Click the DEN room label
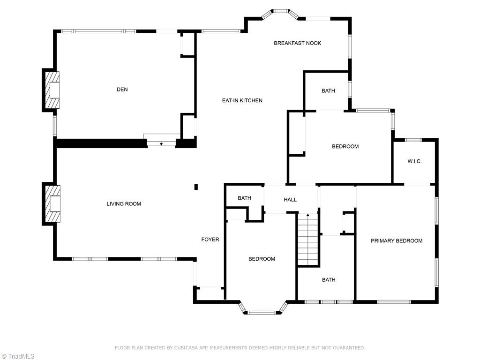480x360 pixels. point(122,90)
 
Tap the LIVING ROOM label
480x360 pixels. point(124,204)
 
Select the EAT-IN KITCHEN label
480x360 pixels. point(242,100)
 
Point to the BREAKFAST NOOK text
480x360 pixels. point(298,43)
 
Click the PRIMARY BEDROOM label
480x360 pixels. point(397,241)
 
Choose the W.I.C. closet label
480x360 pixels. point(414,161)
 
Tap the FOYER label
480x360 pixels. point(210,240)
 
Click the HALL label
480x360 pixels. point(290,200)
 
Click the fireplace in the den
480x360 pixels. point(52,90)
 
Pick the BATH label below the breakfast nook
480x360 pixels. point(328,91)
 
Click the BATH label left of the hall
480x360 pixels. point(244,198)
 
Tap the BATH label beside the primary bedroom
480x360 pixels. point(329,280)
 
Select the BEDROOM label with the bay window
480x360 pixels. point(262,259)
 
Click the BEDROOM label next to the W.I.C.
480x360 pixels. point(345,147)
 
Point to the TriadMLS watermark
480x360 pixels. point(18,356)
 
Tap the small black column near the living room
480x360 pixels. point(196,187)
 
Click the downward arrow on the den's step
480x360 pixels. point(161,143)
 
